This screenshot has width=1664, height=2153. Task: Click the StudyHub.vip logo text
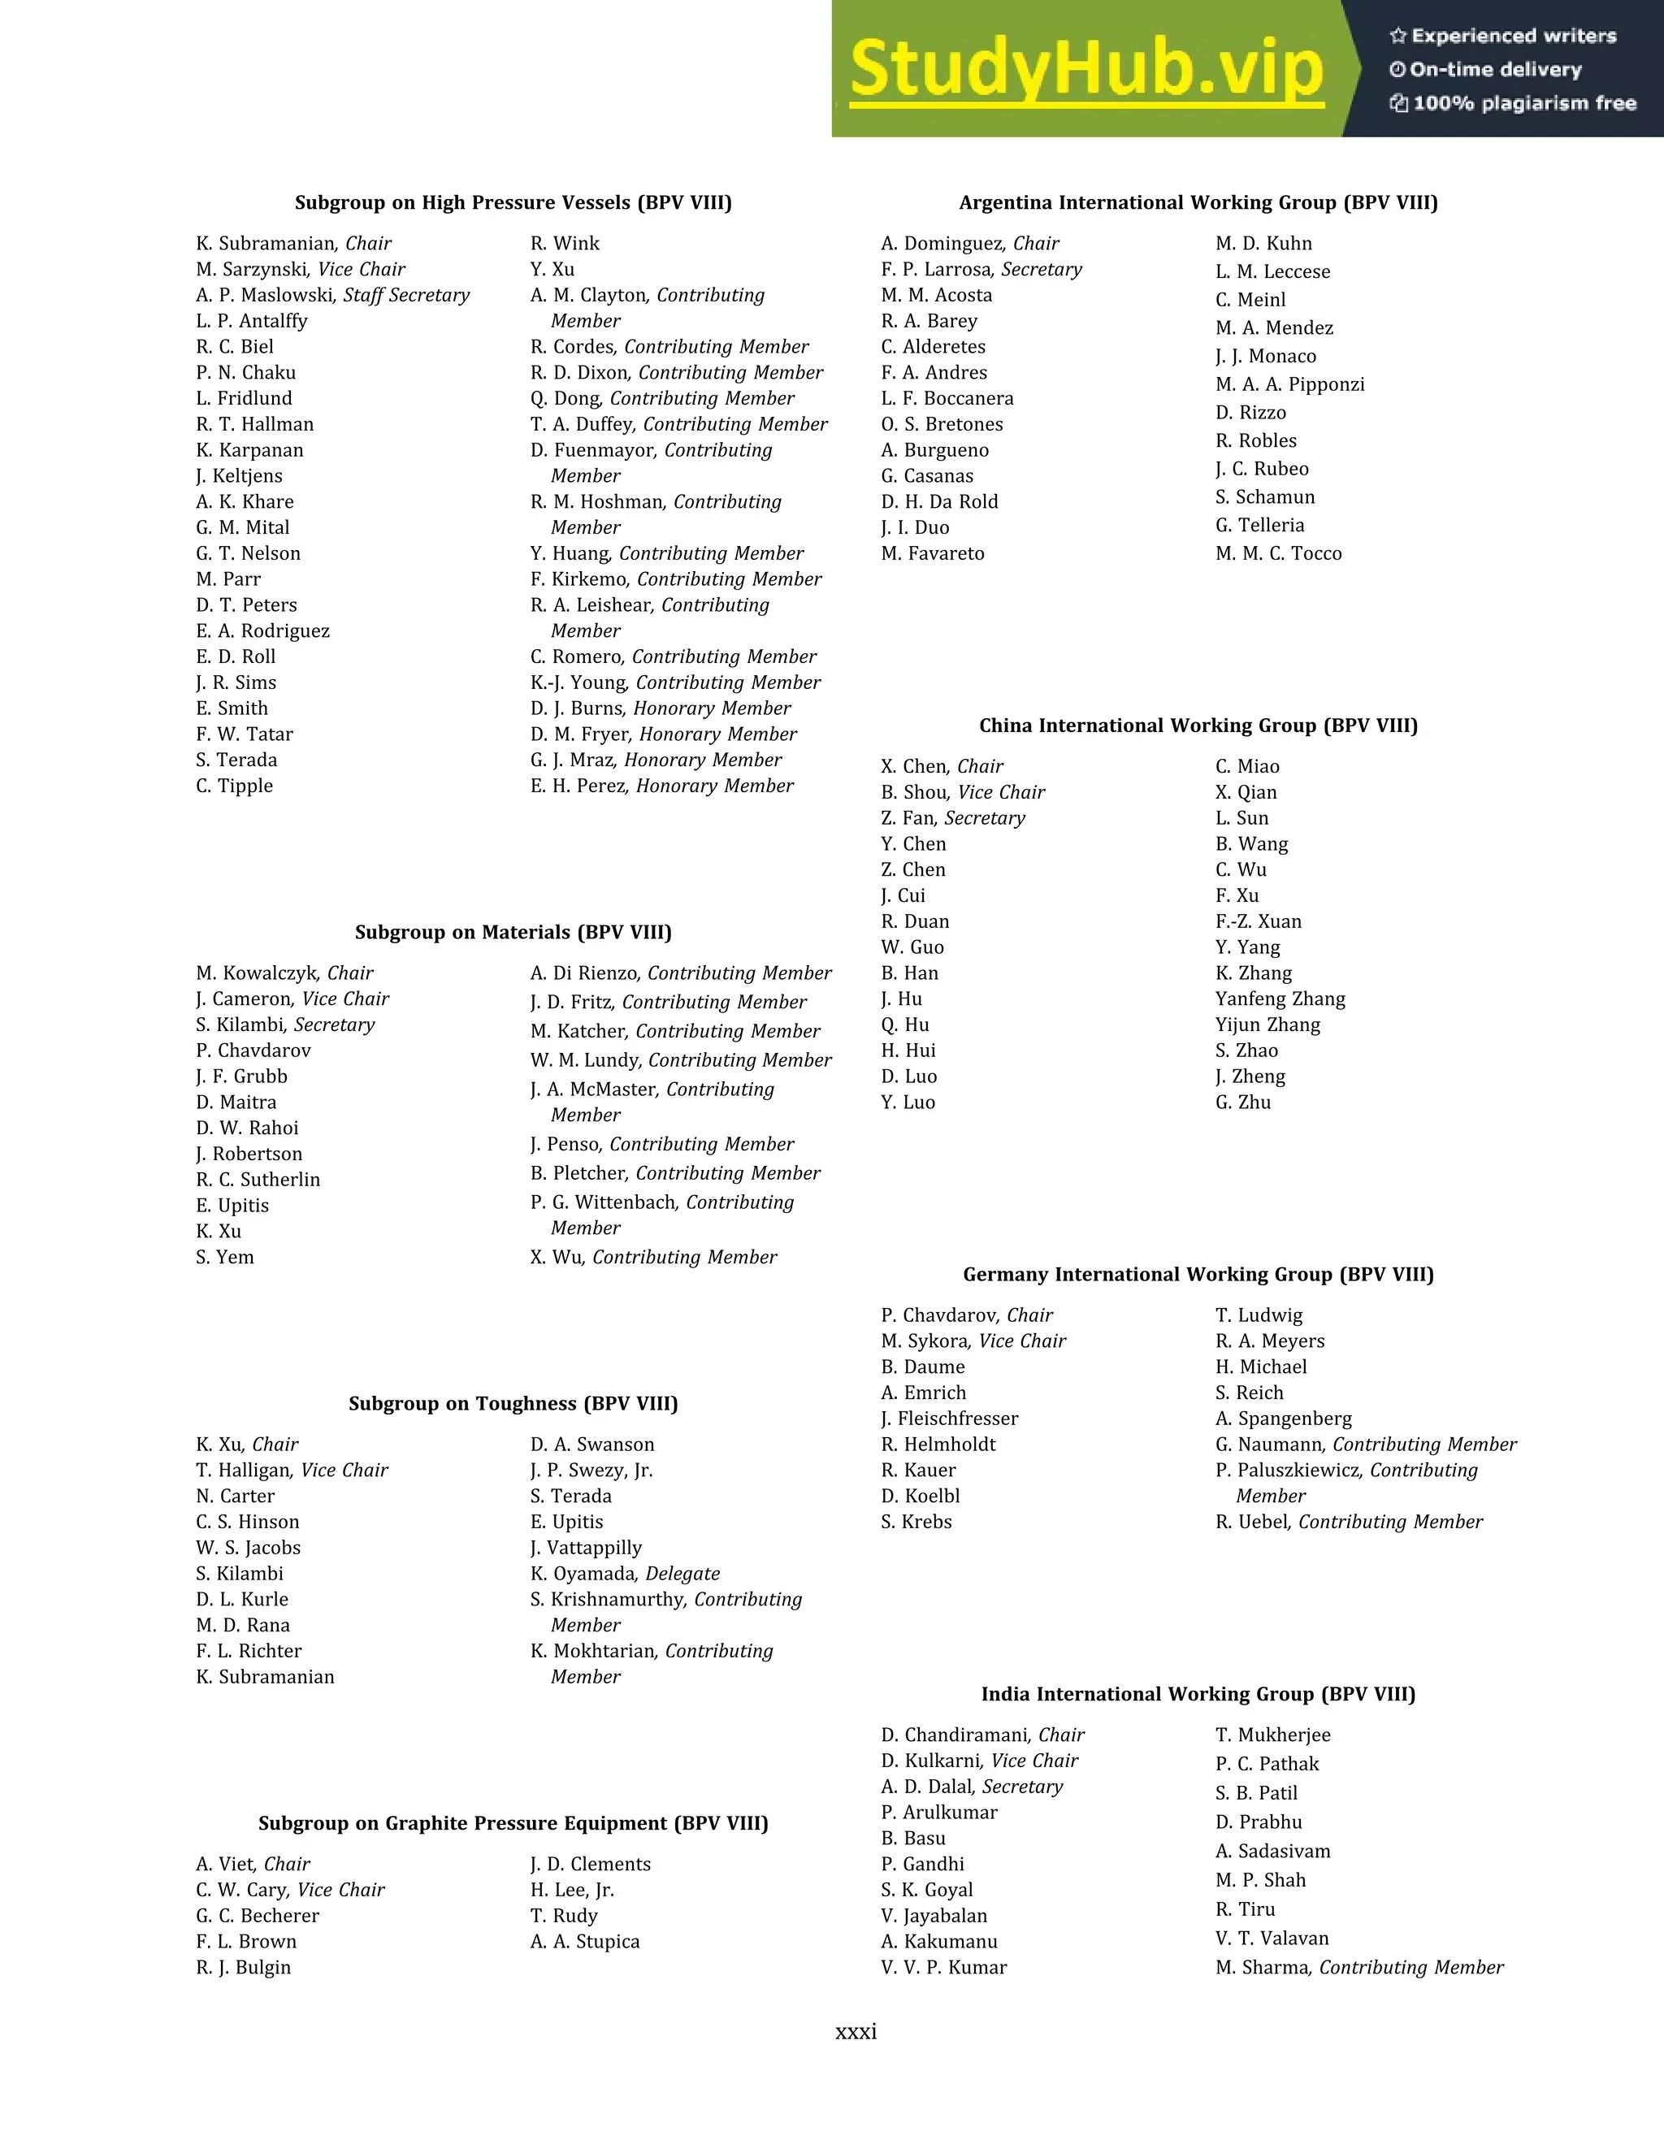click(1085, 69)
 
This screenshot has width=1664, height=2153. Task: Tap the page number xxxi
click(856, 2031)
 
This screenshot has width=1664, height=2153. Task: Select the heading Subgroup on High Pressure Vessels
click(513, 203)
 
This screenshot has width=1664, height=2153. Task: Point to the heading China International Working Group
click(1198, 726)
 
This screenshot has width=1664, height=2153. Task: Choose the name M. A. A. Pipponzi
click(1289, 384)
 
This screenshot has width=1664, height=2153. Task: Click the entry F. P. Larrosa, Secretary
click(981, 270)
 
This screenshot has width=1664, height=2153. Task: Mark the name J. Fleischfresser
click(949, 1419)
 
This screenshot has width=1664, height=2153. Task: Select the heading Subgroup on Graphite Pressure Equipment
click(513, 1824)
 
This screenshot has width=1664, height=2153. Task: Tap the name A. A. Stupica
click(584, 1942)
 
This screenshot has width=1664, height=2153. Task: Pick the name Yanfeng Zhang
click(1280, 999)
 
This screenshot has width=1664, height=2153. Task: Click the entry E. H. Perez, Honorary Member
click(661, 786)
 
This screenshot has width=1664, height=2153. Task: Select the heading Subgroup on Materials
click(513, 933)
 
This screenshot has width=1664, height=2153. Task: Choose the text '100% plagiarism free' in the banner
click(1524, 103)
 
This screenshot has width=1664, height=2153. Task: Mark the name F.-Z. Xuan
click(1258, 922)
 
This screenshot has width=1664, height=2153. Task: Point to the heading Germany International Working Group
click(1198, 1275)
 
